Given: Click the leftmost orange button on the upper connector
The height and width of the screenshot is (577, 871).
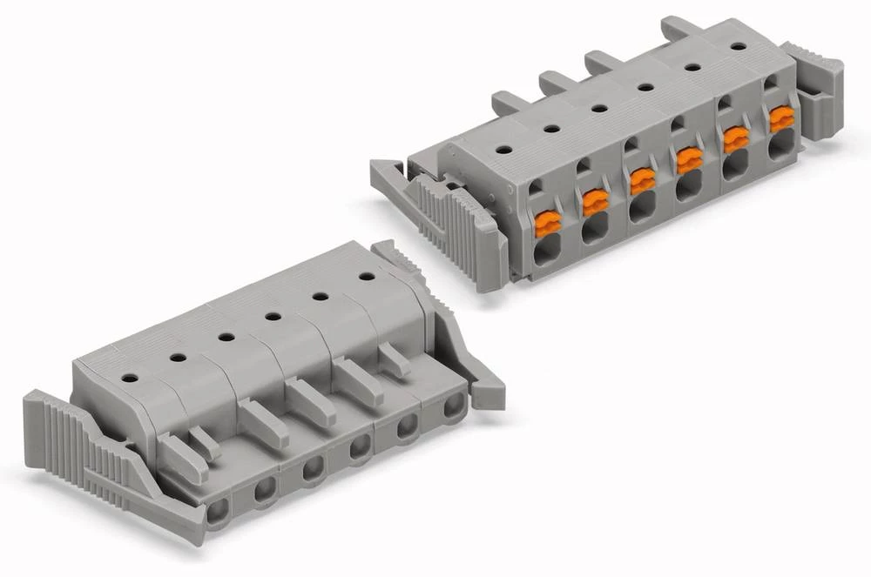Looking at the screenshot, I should tap(547, 225).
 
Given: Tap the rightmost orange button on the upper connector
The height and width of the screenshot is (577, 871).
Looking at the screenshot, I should tap(780, 119).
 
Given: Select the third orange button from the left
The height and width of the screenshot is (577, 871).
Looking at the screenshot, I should tap(642, 181).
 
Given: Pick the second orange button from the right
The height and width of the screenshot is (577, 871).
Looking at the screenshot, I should tap(736, 139).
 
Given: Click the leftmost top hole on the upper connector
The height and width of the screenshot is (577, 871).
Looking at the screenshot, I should tap(503, 149).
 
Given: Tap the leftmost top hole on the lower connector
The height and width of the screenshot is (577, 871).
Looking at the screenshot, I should tap(129, 379).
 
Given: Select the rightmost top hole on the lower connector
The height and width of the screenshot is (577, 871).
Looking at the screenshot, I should tap(367, 276).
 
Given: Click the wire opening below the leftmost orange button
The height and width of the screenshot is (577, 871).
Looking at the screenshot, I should tap(547, 253).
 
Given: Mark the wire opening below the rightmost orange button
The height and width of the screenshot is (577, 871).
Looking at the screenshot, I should tap(779, 148).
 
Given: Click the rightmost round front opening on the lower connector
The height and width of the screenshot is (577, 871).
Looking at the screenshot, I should tap(454, 406).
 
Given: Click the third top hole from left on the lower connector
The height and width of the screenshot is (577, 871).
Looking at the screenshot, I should tap(226, 337).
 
